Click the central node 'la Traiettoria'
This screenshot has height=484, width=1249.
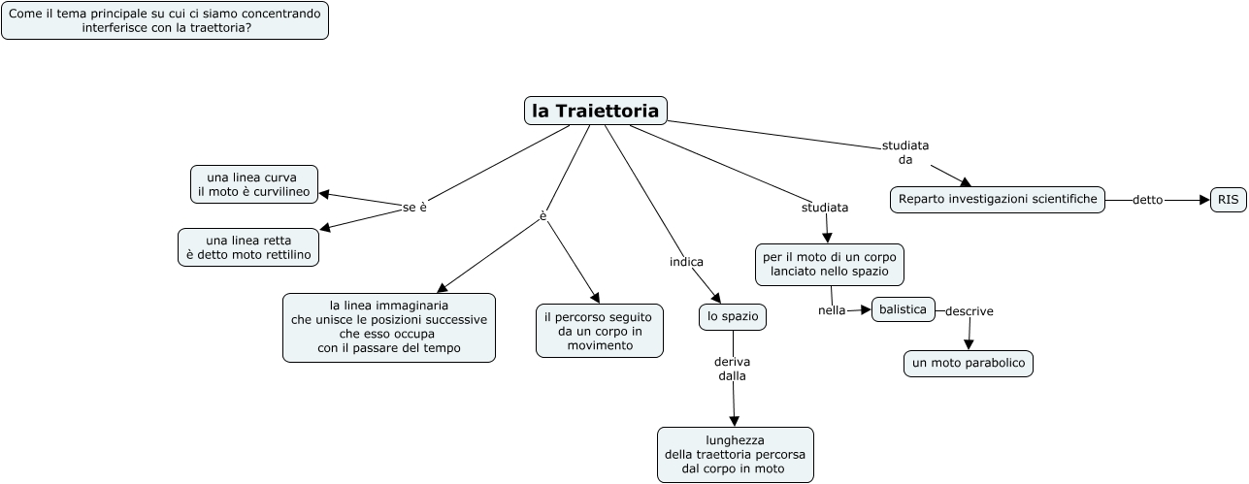click(x=596, y=111)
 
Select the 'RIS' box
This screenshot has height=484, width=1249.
click(x=1228, y=200)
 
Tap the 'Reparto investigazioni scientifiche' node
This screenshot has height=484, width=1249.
click(x=998, y=200)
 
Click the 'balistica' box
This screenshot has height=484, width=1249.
click(x=904, y=309)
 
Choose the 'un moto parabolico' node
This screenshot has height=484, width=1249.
click(x=968, y=364)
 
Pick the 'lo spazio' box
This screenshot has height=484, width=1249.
click(x=733, y=317)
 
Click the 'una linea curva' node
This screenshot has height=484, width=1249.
click(x=254, y=184)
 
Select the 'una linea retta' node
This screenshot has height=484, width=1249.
click(x=248, y=247)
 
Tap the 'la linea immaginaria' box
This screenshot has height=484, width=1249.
click(x=388, y=327)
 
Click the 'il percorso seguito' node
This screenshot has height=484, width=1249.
click(x=600, y=331)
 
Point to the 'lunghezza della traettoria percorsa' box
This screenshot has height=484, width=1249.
click(x=735, y=455)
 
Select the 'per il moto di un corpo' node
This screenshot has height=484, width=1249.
click(x=830, y=264)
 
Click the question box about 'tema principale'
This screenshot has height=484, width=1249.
click(x=165, y=20)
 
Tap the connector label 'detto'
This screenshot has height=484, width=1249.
click(x=1147, y=200)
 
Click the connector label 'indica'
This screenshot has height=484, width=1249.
click(x=686, y=262)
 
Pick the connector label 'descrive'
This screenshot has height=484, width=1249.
click(x=969, y=311)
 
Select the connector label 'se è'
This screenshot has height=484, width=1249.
click(x=414, y=208)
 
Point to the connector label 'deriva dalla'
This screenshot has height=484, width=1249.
click(x=732, y=369)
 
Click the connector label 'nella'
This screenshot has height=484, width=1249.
click(x=832, y=310)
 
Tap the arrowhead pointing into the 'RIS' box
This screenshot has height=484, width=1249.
click(x=1202, y=200)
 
